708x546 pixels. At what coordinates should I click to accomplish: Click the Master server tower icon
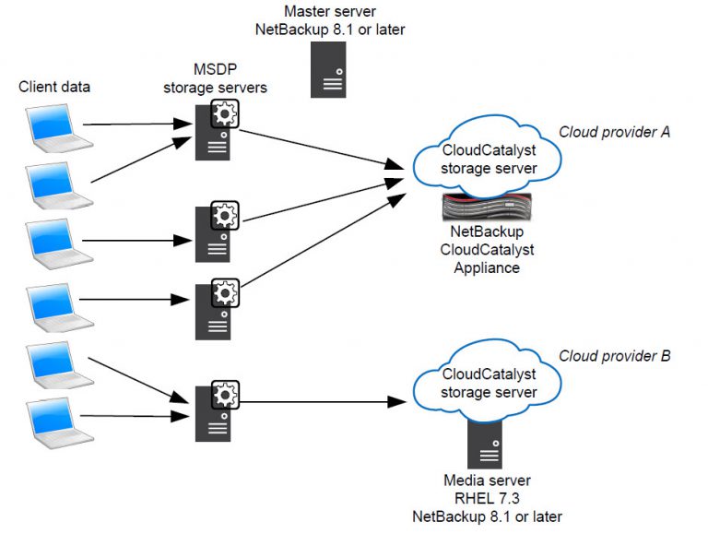click(x=328, y=69)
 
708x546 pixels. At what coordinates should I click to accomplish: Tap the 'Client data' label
click(x=54, y=87)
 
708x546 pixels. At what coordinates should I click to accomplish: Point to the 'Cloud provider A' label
click(x=614, y=131)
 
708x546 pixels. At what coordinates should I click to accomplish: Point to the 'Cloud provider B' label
click(x=614, y=355)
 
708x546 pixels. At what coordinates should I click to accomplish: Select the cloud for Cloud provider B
click(x=489, y=383)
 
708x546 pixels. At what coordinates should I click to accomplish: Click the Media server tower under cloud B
click(x=487, y=443)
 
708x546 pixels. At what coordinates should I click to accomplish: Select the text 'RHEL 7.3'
click(x=487, y=498)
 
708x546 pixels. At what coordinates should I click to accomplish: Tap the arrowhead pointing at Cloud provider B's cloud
click(x=397, y=402)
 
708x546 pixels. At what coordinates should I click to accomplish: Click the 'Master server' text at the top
click(x=329, y=11)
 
